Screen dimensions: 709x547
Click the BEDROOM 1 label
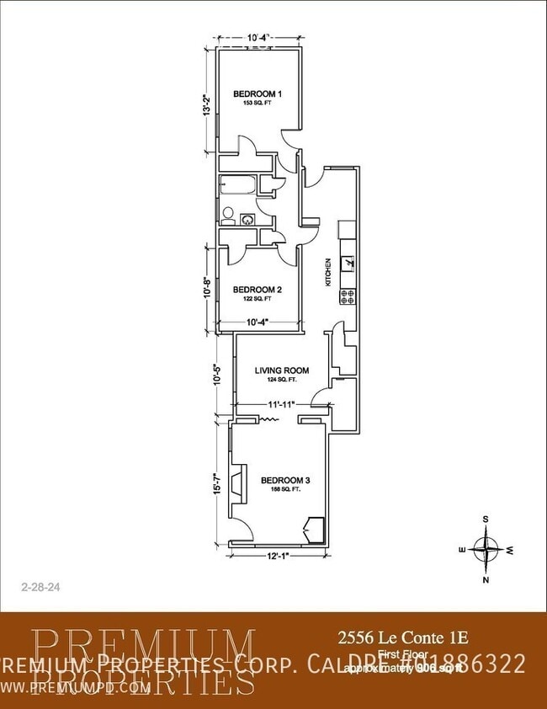click(257, 93)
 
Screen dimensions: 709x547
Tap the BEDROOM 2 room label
click(257, 289)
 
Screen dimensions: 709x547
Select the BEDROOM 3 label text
click(285, 480)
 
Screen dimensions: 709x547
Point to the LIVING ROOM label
click(282, 370)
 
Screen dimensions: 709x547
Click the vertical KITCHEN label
click(329, 272)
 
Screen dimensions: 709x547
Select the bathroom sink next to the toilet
click(247, 219)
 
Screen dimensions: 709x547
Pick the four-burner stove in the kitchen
click(348, 296)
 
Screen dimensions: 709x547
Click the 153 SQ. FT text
click(257, 102)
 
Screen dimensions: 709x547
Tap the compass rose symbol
click(486, 548)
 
